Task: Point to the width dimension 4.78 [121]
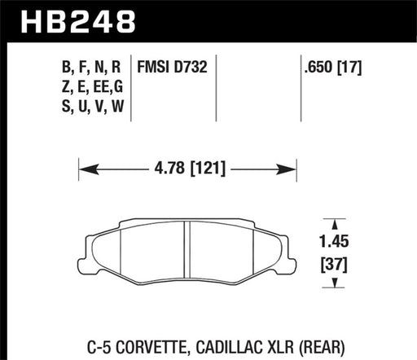click(x=190, y=171)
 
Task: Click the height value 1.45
click(x=331, y=241)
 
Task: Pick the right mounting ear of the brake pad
click(x=289, y=244)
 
